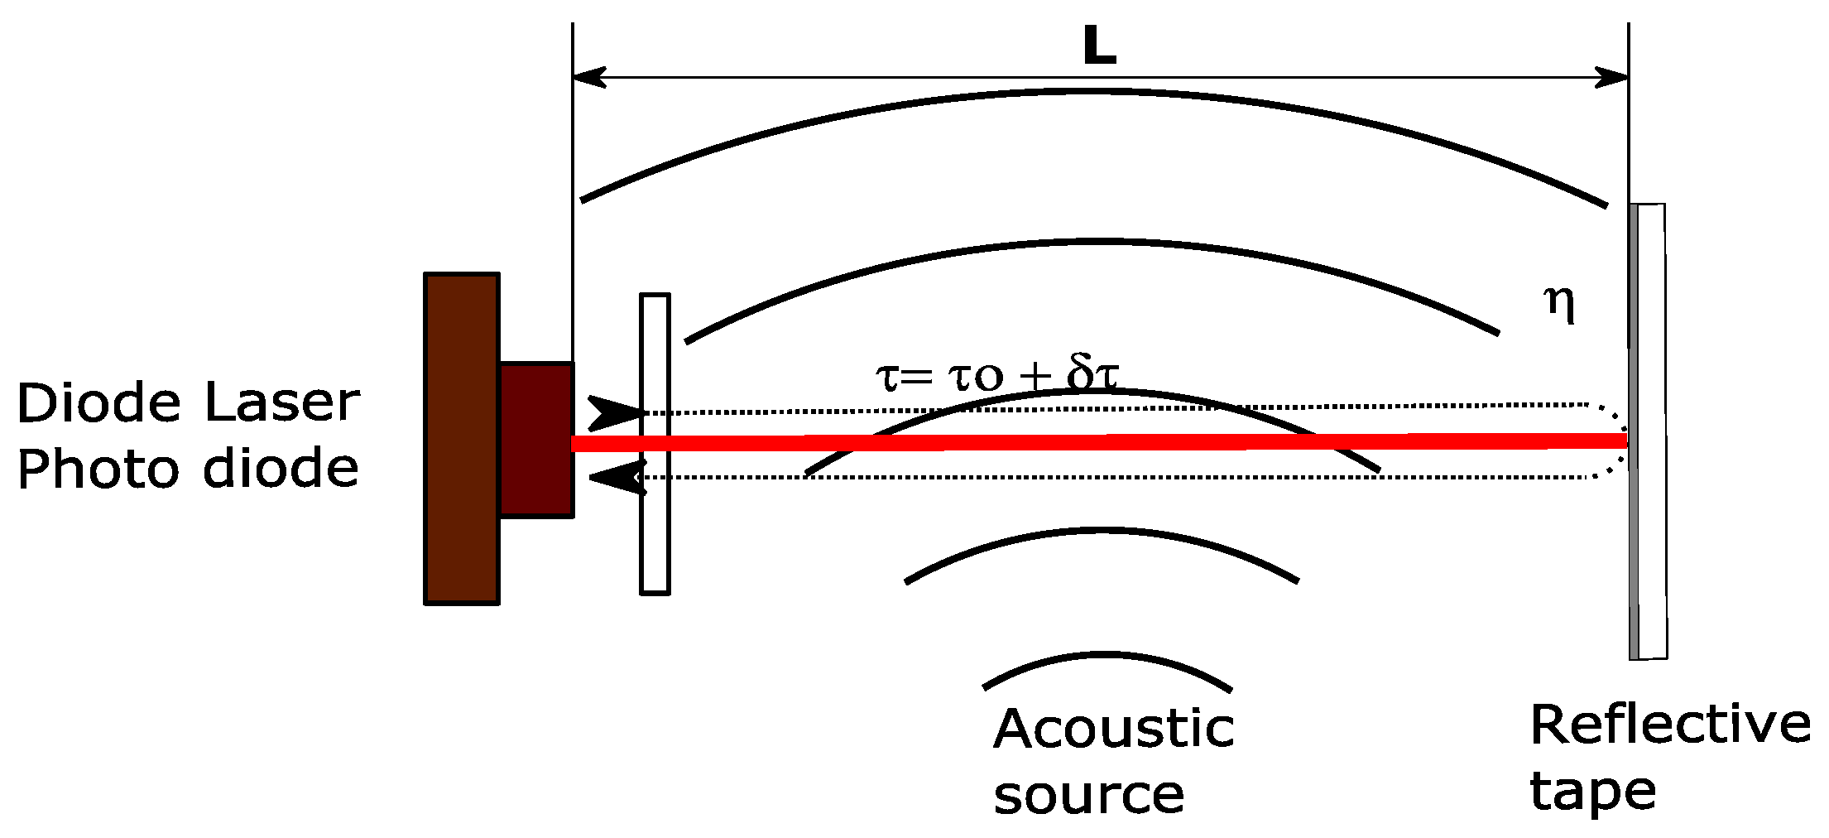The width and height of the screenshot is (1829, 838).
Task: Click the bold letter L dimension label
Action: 1100,46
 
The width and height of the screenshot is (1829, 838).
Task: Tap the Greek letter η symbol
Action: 1559,304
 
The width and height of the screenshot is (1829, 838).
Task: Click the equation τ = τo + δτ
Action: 997,374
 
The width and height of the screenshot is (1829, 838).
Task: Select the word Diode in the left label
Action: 98,403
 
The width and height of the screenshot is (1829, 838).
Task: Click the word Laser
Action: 282,403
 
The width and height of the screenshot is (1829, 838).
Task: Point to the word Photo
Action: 98,470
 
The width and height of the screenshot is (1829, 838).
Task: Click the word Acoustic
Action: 1114,730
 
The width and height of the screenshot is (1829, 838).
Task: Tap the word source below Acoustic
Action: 1089,795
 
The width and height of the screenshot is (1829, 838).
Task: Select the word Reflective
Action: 1670,724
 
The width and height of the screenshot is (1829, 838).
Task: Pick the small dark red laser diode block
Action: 536,439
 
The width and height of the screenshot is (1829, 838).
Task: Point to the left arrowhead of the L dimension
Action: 588,78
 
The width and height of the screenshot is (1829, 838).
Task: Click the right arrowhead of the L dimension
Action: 1613,78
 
